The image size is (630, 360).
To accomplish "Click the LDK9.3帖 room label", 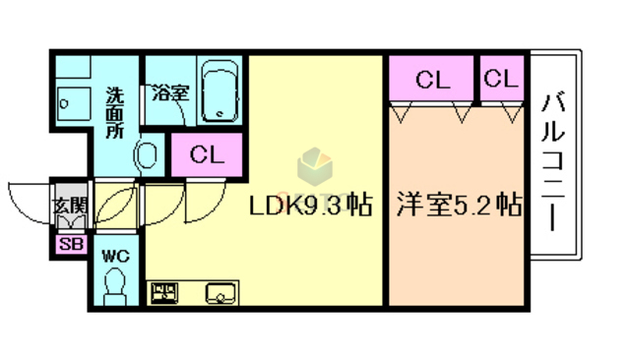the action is [309, 208].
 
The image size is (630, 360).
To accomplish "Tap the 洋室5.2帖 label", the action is [459, 208].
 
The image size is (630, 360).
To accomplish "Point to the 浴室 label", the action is [169, 93].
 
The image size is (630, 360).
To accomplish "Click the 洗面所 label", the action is [115, 113].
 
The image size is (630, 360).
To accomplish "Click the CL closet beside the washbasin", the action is [207, 154].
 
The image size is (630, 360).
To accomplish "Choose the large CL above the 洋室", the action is [431, 80].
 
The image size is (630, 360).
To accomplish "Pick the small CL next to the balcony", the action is [501, 79].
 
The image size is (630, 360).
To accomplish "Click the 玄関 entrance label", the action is [69, 208].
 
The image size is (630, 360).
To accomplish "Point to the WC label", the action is [116, 256].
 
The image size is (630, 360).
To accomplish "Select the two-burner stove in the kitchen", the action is [163, 292].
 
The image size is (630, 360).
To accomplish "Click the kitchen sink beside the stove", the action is [219, 292].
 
